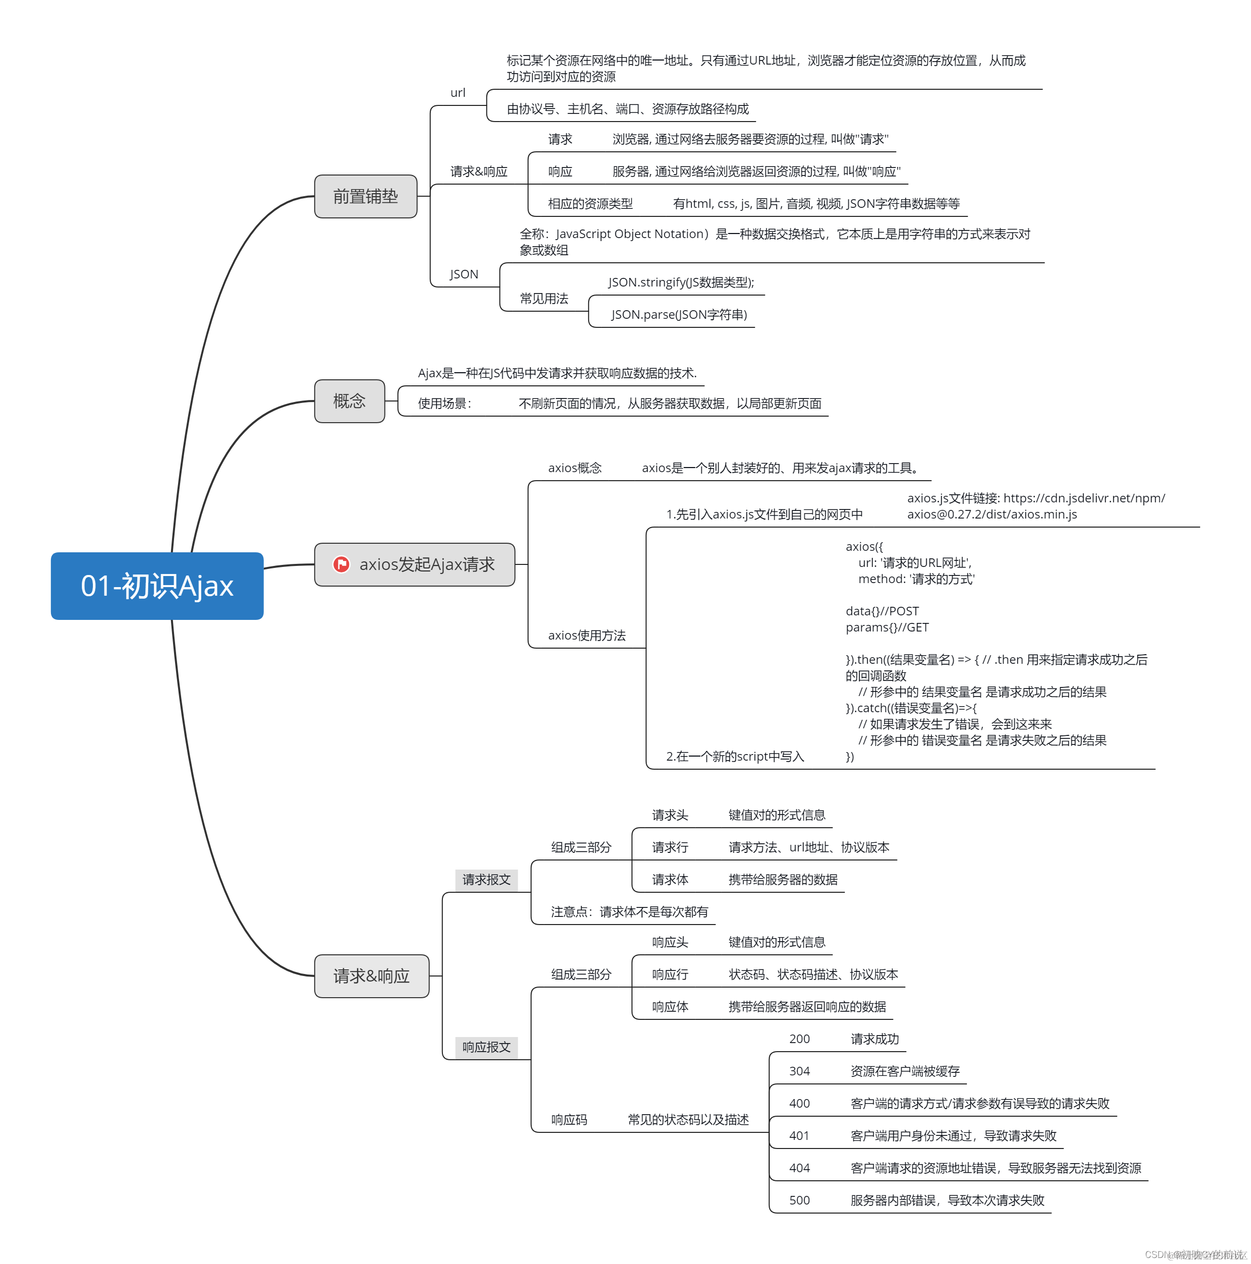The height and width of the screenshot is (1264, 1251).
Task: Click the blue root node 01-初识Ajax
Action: click(x=157, y=586)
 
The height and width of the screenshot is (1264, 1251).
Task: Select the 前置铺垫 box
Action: click(x=366, y=196)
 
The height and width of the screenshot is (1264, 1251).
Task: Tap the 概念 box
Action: click(x=350, y=401)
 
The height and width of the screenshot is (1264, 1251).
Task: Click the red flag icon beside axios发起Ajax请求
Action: click(x=341, y=564)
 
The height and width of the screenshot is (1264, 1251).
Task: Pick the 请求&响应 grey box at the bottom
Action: click(x=372, y=975)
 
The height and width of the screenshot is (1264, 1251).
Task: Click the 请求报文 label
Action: click(x=486, y=879)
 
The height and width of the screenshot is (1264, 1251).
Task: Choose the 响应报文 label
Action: click(x=486, y=1047)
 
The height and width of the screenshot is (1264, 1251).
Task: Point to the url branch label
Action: click(x=458, y=93)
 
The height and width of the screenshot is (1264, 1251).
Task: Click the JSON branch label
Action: click(x=464, y=274)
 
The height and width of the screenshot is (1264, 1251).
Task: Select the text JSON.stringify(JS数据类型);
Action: click(x=681, y=282)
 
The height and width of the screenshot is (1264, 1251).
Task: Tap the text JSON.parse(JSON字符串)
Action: click(x=679, y=315)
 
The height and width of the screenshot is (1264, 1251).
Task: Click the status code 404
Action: click(x=800, y=1168)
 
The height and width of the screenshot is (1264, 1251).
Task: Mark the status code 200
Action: click(x=800, y=1039)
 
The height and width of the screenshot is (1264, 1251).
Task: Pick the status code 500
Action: click(x=800, y=1200)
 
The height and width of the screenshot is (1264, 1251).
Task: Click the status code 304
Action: click(x=800, y=1071)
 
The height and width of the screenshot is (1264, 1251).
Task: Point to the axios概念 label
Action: click(x=575, y=468)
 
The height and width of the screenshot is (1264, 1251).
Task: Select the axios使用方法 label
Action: click(x=587, y=635)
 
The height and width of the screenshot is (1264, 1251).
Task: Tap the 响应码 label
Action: click(x=569, y=1119)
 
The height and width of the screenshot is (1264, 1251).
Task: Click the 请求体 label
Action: click(x=670, y=879)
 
